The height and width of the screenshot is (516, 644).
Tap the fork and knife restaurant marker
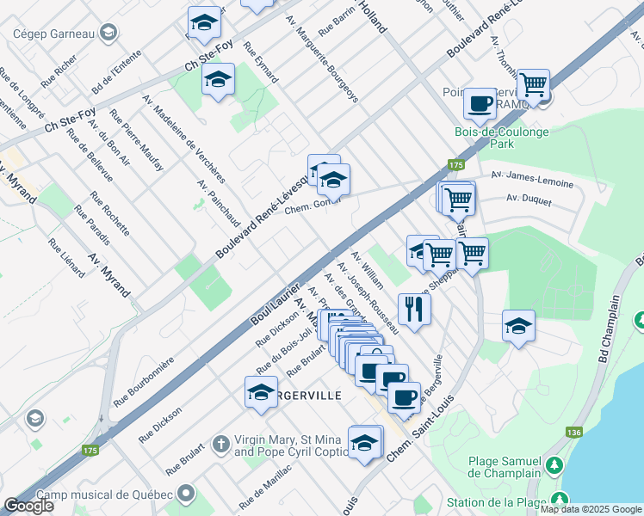[414, 309]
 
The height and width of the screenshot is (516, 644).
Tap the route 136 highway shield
[575, 432]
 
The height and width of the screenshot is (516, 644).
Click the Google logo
[29, 507]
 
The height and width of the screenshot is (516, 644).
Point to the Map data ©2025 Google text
[591, 509]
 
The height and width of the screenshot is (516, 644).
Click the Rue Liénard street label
[67, 257]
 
